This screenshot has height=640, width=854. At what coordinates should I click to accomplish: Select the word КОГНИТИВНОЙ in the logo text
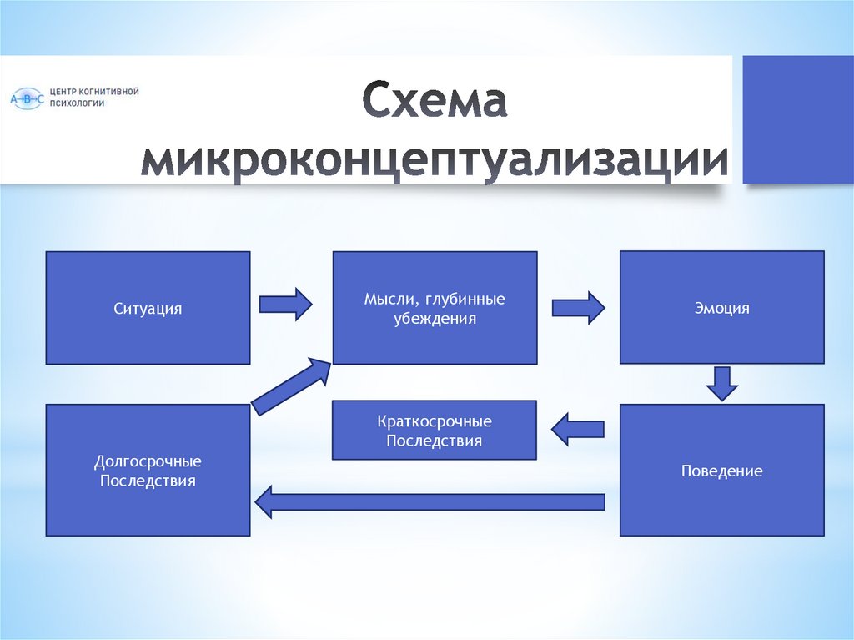click(106, 91)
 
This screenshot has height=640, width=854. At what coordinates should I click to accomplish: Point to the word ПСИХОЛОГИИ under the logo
click(78, 103)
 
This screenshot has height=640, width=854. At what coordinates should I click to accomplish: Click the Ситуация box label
click(148, 309)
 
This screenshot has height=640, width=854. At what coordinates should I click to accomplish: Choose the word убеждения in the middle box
click(435, 318)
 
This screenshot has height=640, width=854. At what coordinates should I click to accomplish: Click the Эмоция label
click(721, 309)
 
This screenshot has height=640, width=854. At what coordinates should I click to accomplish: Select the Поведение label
click(721, 471)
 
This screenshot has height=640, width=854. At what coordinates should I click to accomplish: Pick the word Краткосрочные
click(435, 421)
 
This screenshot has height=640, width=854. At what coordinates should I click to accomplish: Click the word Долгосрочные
click(148, 461)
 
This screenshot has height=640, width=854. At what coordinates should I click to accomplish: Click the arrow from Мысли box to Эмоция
click(578, 308)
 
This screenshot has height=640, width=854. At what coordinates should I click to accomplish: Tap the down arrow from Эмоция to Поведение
click(722, 383)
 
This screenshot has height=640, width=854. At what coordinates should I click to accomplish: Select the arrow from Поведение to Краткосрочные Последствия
click(577, 429)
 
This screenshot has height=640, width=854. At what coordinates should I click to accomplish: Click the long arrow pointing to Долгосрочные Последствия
click(429, 501)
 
